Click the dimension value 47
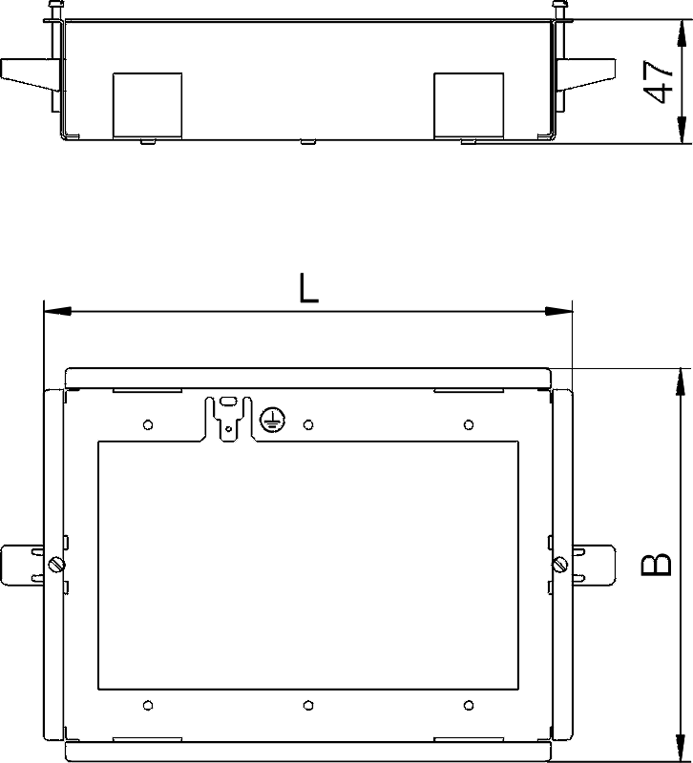(658, 82)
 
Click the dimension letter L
(308, 288)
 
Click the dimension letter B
(657, 565)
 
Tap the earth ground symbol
(273, 420)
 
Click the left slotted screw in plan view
(57, 565)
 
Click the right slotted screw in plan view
(560, 565)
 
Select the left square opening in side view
(148, 106)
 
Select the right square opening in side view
(469, 106)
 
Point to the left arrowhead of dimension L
(57, 311)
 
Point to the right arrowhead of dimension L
(559, 311)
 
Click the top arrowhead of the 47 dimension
(682, 33)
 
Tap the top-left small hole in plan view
(148, 424)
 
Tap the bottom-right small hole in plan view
(469, 705)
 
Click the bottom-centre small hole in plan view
(307, 705)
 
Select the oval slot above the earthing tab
(228, 402)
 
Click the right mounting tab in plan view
(594, 565)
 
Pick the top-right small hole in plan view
(469, 424)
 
